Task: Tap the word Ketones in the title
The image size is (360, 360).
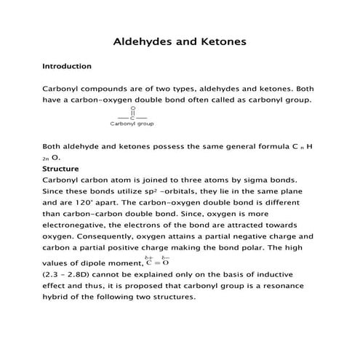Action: pos(221,41)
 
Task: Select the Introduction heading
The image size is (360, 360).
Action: pos(67,66)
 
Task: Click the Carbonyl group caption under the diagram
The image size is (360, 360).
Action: pos(132,124)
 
